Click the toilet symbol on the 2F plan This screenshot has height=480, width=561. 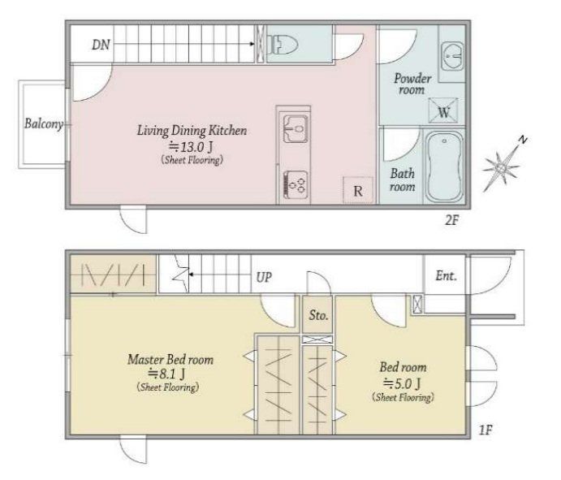click(283, 45)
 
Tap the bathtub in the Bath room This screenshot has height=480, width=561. click(444, 167)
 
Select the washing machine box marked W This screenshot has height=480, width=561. click(443, 110)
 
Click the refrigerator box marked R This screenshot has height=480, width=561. click(358, 190)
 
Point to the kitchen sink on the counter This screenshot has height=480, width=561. click(296, 128)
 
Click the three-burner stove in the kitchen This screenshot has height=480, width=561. click(296, 184)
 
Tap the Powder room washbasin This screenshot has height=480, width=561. click(452, 56)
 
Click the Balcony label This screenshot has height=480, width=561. click(44, 123)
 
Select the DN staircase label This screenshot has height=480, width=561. click(101, 45)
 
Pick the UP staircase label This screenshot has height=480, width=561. click(264, 277)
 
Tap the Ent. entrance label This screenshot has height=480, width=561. click(447, 275)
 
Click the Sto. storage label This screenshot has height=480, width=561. click(318, 315)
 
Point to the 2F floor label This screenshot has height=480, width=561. click(451, 219)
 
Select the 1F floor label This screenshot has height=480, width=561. click(485, 430)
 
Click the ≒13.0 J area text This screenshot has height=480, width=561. click(191, 147)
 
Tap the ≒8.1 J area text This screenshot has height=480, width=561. click(166, 374)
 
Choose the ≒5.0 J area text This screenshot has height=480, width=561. click(402, 383)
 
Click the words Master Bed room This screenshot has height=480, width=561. click(170, 359)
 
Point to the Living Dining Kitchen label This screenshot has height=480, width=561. click(192, 130)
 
